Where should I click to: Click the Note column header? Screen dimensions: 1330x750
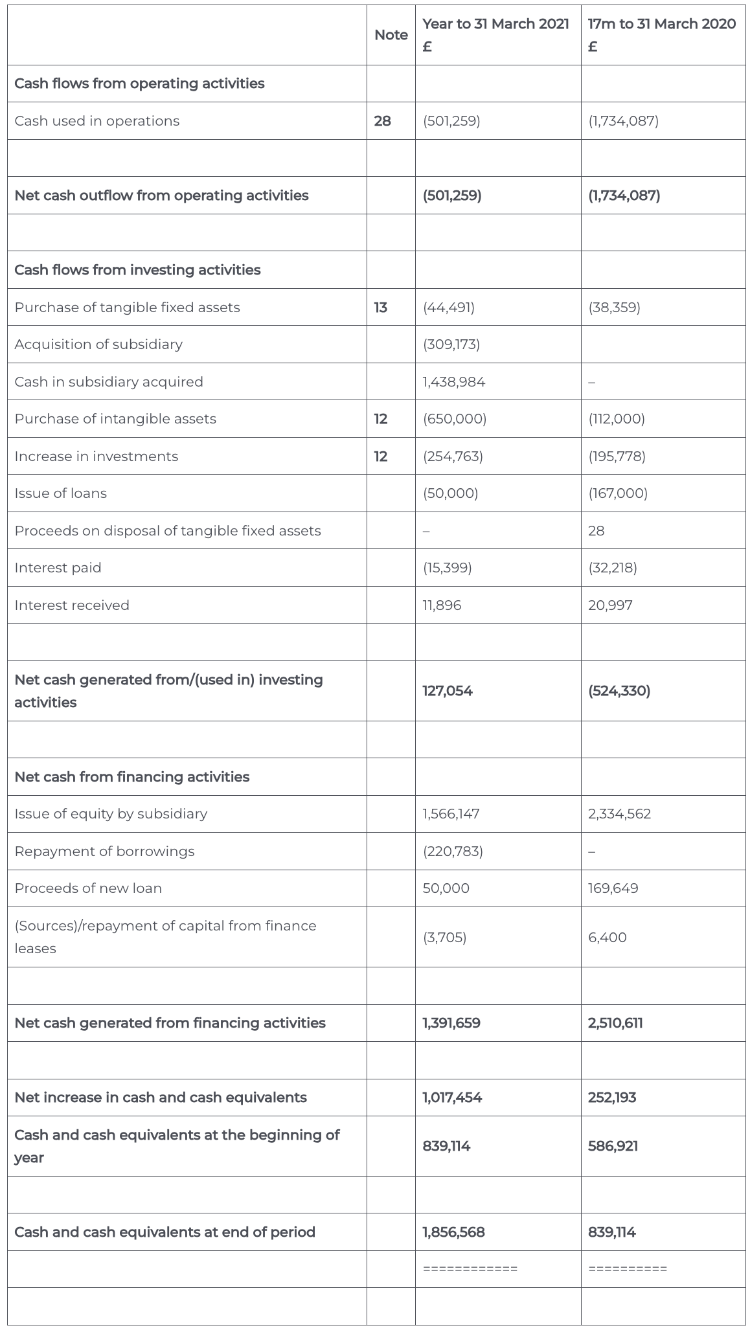pyautogui.click(x=391, y=35)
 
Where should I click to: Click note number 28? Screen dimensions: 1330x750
pyautogui.click(x=383, y=121)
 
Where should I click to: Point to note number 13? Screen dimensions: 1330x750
pyautogui.click(x=381, y=308)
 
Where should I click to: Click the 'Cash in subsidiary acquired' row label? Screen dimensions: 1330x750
pyautogui.click(x=109, y=382)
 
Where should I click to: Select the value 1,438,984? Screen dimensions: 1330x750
pyautogui.click(x=453, y=382)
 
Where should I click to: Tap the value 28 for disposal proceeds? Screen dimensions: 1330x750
pyautogui.click(x=596, y=531)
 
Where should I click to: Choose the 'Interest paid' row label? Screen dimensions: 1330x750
pyautogui.click(x=58, y=568)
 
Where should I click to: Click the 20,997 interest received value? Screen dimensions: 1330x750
pyautogui.click(x=610, y=605)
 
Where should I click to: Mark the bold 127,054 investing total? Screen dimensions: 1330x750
pyautogui.click(x=448, y=691)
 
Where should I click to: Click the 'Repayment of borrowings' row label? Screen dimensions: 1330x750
pyautogui.click(x=104, y=851)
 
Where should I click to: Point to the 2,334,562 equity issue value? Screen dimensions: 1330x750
pyautogui.click(x=619, y=814)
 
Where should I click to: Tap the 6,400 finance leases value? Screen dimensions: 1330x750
pyautogui.click(x=607, y=938)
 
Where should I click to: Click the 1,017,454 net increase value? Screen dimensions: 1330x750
pyautogui.click(x=452, y=1098)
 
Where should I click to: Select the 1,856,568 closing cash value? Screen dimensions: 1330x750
pyautogui.click(x=453, y=1232)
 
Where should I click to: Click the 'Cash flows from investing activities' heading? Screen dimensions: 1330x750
pyautogui.click(x=137, y=270)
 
